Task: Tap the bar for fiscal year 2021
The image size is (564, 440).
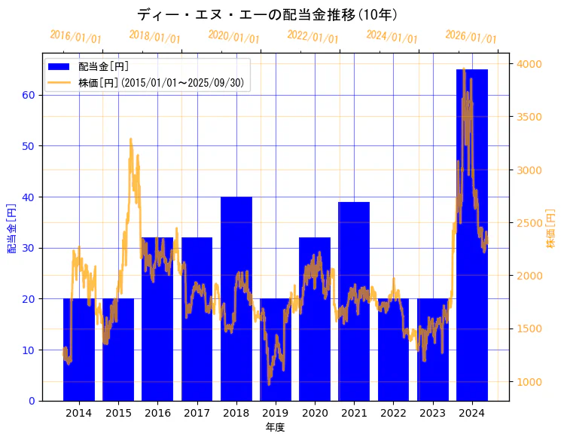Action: [354, 301]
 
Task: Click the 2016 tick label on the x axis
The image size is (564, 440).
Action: [157, 413]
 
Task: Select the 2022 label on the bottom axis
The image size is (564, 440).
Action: [393, 413]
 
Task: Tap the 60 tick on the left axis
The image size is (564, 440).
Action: [29, 95]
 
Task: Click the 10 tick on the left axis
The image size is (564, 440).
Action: [29, 350]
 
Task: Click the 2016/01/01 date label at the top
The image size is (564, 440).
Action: [75, 37]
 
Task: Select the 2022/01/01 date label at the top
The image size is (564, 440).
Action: [312, 37]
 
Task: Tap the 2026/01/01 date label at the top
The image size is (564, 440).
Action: [471, 37]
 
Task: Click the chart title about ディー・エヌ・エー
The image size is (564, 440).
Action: [268, 14]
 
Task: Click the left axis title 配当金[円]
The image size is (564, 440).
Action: [11, 228]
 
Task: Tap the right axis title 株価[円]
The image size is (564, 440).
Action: [550, 228]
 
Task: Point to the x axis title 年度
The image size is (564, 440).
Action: [275, 427]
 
